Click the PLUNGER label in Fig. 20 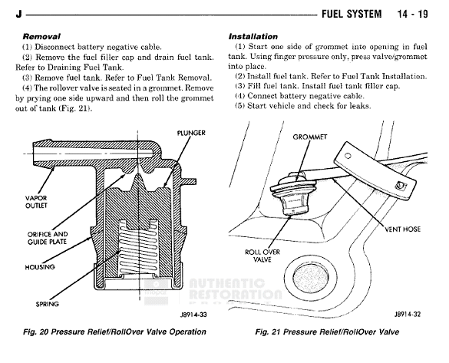(x=191, y=133)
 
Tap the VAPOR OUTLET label (x=36, y=202)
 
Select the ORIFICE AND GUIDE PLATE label (x=48, y=238)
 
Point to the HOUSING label (x=40, y=267)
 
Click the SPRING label (x=48, y=304)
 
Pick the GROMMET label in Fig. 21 (x=310, y=137)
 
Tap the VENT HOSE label (x=403, y=229)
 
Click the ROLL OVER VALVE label (x=262, y=256)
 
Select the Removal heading (x=41, y=37)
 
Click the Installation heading (x=253, y=37)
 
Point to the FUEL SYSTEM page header (x=352, y=14)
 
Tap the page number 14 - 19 (x=413, y=14)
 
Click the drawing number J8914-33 (x=193, y=315)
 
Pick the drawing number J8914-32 (x=408, y=315)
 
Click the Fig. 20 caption (x=114, y=332)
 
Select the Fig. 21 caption (x=327, y=332)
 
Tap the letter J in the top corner (x=18, y=14)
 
